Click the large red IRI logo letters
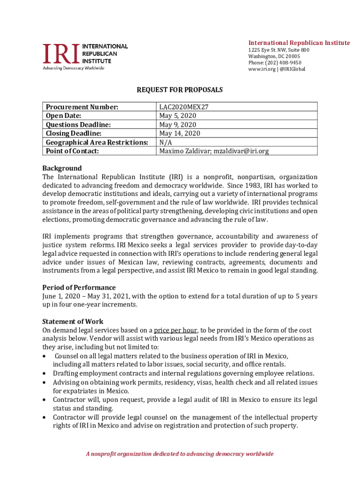click(61, 54)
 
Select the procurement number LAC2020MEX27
click(184, 107)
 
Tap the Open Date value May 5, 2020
click(178, 116)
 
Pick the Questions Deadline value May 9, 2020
click(178, 124)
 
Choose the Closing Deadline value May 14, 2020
click(180, 133)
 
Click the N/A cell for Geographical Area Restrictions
click(166, 142)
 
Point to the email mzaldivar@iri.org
click(241, 151)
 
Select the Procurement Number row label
click(82, 107)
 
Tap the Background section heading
click(62, 168)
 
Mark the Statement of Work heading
click(72, 321)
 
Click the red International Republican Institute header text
click(299, 43)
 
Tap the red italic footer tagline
click(180, 454)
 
